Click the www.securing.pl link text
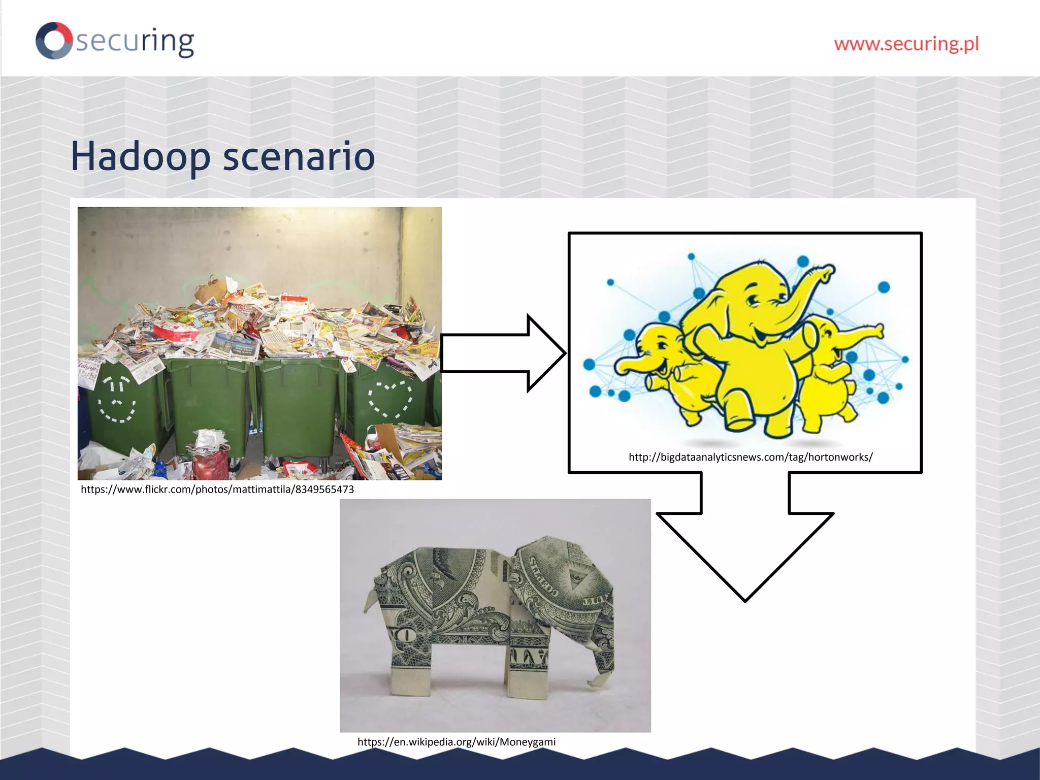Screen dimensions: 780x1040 click(906, 44)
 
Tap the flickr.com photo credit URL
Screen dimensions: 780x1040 click(217, 490)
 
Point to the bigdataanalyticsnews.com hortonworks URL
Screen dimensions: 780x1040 click(751, 457)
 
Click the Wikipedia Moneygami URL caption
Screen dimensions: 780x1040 click(457, 742)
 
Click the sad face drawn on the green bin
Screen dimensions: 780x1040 click(117, 401)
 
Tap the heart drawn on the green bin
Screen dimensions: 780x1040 click(390, 399)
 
